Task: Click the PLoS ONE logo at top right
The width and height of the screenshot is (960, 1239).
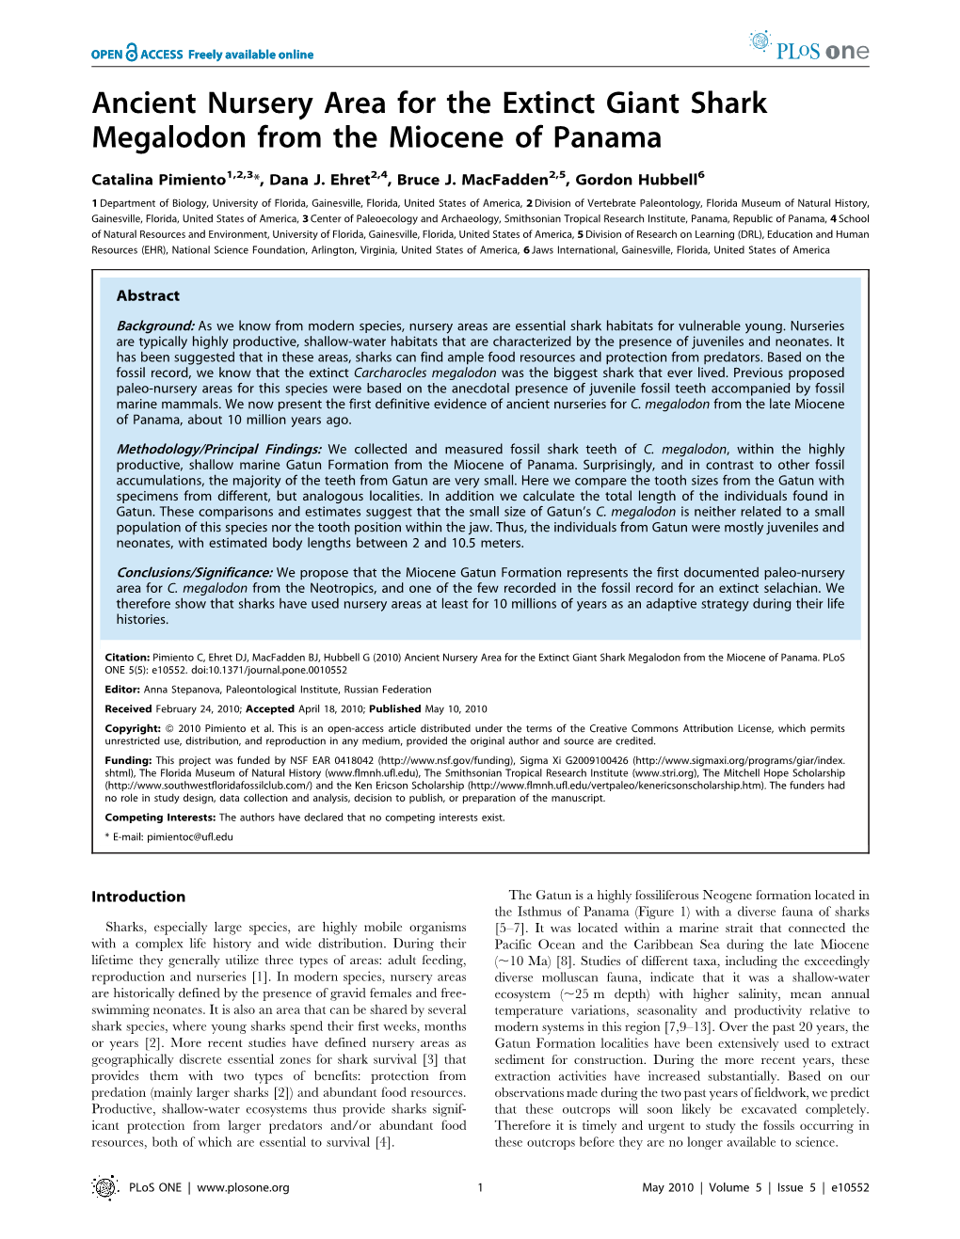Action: (809, 47)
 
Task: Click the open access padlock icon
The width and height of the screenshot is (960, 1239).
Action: (132, 53)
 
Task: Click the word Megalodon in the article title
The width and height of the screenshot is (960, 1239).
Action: (170, 137)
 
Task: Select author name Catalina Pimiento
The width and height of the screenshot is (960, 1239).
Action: (158, 180)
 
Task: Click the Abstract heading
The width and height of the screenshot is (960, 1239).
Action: (148, 295)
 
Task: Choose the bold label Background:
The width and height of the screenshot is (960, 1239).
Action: (155, 326)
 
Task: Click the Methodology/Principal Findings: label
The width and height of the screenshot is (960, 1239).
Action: (218, 450)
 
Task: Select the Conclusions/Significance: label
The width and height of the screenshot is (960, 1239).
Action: (194, 573)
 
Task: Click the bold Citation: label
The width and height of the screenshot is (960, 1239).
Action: (127, 658)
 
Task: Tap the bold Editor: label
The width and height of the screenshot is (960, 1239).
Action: (122, 690)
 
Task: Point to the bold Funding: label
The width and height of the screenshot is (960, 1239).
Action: (128, 760)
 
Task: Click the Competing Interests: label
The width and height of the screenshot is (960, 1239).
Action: (160, 818)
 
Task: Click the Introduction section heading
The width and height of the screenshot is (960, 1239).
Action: (138, 897)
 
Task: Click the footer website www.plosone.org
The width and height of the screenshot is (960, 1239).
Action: (243, 1187)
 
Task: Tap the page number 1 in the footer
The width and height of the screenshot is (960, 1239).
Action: (480, 1187)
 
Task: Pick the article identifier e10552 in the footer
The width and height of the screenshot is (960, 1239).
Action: (848, 1187)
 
